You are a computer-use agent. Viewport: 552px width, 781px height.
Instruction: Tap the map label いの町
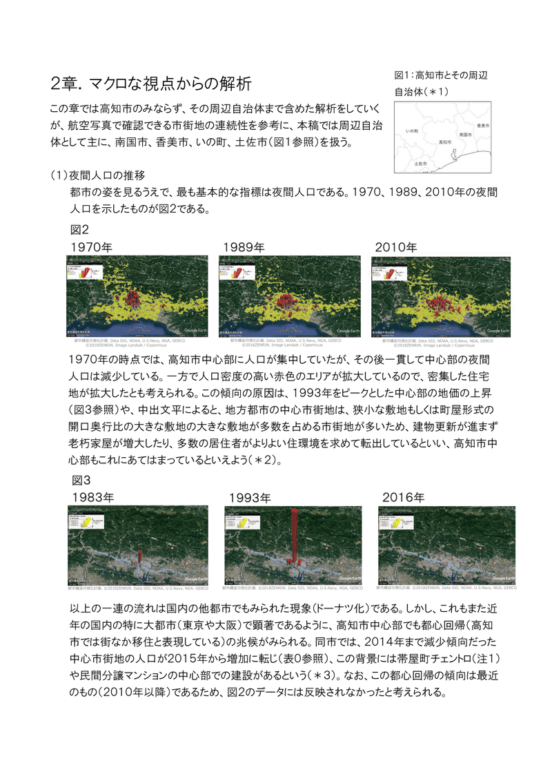pyautogui.click(x=413, y=131)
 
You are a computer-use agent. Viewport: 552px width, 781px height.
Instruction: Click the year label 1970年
pyautogui.click(x=92, y=247)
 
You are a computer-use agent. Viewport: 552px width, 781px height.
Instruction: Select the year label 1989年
pyautogui.click(x=244, y=247)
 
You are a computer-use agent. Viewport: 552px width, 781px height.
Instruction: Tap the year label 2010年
pyautogui.click(x=396, y=247)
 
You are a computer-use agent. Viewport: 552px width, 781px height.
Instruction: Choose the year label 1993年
pyautogui.click(x=250, y=496)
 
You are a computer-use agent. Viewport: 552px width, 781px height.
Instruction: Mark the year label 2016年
pyautogui.click(x=403, y=496)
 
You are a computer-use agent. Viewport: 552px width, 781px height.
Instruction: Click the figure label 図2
pyautogui.click(x=79, y=229)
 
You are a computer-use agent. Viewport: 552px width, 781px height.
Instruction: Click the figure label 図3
pyautogui.click(x=81, y=479)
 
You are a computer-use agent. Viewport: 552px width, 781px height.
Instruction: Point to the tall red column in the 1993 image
pyautogui.click(x=295, y=535)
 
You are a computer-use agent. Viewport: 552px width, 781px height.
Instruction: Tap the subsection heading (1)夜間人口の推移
pyautogui.click(x=97, y=175)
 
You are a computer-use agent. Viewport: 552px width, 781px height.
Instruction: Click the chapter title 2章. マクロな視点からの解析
pyautogui.click(x=151, y=84)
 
